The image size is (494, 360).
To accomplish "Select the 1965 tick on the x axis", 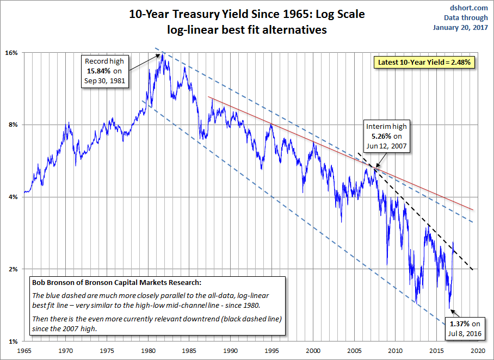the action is click(x=24, y=351).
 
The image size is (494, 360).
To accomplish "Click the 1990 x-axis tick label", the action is click(x=231, y=351).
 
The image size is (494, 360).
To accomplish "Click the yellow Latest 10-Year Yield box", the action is click(x=424, y=63).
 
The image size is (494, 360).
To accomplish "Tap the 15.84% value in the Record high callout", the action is click(x=98, y=71).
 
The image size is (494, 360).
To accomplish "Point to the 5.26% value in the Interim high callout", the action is click(x=381, y=136).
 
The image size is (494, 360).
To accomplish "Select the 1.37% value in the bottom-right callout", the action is click(x=460, y=324).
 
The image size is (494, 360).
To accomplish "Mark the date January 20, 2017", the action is click(x=460, y=27).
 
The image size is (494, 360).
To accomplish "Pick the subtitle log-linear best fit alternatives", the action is click(x=247, y=30).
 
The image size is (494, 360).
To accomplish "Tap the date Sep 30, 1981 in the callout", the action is click(x=104, y=81).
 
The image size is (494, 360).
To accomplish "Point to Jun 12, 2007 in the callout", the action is click(x=387, y=146).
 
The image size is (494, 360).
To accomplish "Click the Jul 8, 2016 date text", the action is click(x=465, y=334).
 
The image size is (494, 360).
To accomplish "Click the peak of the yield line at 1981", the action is click(x=162, y=54).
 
